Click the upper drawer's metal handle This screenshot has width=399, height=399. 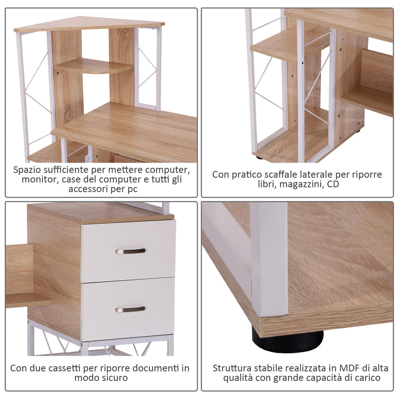coord(130,251)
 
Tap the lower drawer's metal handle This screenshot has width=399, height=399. coord(130,309)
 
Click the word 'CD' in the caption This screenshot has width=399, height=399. coord(333,184)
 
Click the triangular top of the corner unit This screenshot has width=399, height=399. coord(89,24)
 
